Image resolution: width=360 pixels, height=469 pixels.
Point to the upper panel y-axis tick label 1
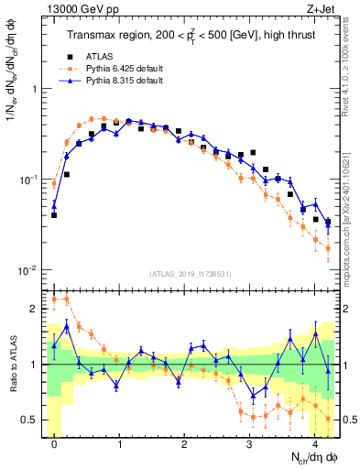point(37,89)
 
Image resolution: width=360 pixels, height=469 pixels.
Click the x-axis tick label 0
point(55,444)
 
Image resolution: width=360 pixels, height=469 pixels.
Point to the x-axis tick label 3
point(250,444)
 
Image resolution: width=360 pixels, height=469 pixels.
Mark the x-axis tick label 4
point(315,444)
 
